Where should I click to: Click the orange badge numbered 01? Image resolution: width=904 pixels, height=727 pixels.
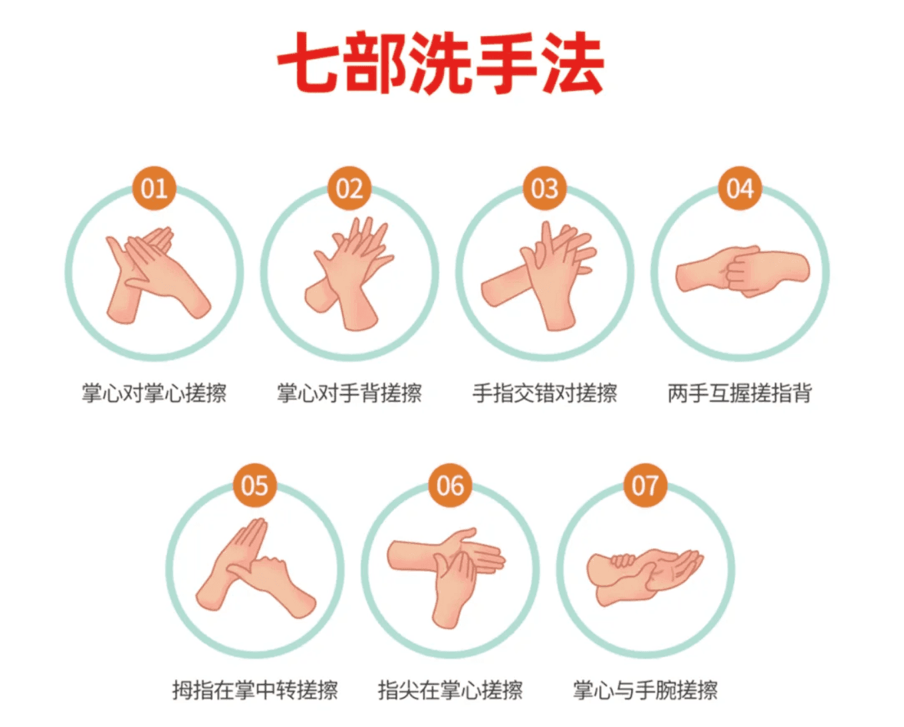pyautogui.click(x=154, y=188)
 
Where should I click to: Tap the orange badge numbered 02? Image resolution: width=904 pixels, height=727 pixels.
pyautogui.click(x=349, y=188)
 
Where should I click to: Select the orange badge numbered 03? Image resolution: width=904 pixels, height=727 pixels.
pyautogui.click(x=545, y=188)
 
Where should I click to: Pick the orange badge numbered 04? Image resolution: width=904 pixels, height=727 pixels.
pyautogui.click(x=740, y=188)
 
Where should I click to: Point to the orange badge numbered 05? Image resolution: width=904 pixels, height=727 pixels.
pyautogui.click(x=255, y=485)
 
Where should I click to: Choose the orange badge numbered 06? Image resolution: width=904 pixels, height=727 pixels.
pyautogui.click(x=450, y=485)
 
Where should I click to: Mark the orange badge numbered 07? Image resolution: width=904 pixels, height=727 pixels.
pyautogui.click(x=646, y=485)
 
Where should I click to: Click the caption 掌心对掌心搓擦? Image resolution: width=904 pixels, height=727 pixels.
pyautogui.click(x=154, y=393)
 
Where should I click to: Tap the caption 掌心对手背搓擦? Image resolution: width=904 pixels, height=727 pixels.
pyautogui.click(x=349, y=393)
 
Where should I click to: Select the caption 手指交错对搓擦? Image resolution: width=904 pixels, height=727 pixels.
pyautogui.click(x=545, y=393)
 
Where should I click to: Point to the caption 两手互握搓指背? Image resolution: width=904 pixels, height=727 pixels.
pyautogui.click(x=740, y=393)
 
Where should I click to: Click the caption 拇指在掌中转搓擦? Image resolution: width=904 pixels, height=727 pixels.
pyautogui.click(x=255, y=690)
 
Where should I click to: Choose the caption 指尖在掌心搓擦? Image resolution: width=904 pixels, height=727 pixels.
pyautogui.click(x=450, y=690)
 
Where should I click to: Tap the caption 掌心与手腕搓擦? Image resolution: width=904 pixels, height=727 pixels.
pyautogui.click(x=646, y=690)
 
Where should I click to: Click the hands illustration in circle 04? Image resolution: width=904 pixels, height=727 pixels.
pyautogui.click(x=743, y=272)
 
